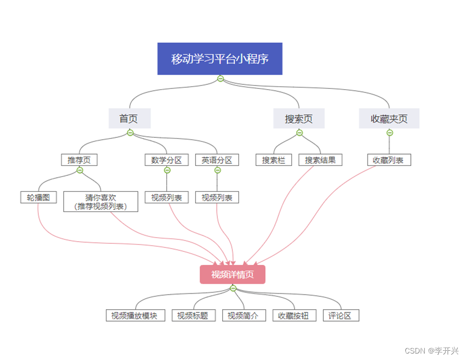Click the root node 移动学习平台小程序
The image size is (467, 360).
(x=220, y=58)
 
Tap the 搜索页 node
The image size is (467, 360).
(x=299, y=118)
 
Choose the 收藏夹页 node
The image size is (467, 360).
(x=389, y=118)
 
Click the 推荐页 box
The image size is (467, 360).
(x=79, y=160)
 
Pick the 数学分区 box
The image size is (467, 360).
(x=166, y=160)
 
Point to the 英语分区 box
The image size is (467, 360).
(x=217, y=160)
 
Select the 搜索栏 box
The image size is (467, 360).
(x=273, y=160)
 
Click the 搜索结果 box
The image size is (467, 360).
(x=320, y=160)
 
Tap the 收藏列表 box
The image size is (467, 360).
(x=389, y=160)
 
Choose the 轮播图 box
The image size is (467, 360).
(x=38, y=197)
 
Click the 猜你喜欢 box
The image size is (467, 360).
(x=101, y=201)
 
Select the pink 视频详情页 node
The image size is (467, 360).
(x=232, y=274)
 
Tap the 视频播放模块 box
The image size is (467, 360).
(x=135, y=316)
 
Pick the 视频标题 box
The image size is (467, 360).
(x=194, y=316)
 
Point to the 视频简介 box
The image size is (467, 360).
(x=244, y=316)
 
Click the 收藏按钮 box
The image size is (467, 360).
(x=293, y=316)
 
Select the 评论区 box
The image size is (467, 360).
(x=341, y=316)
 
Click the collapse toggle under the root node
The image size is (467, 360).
(x=220, y=79)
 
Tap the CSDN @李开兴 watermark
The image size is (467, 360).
(x=431, y=351)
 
